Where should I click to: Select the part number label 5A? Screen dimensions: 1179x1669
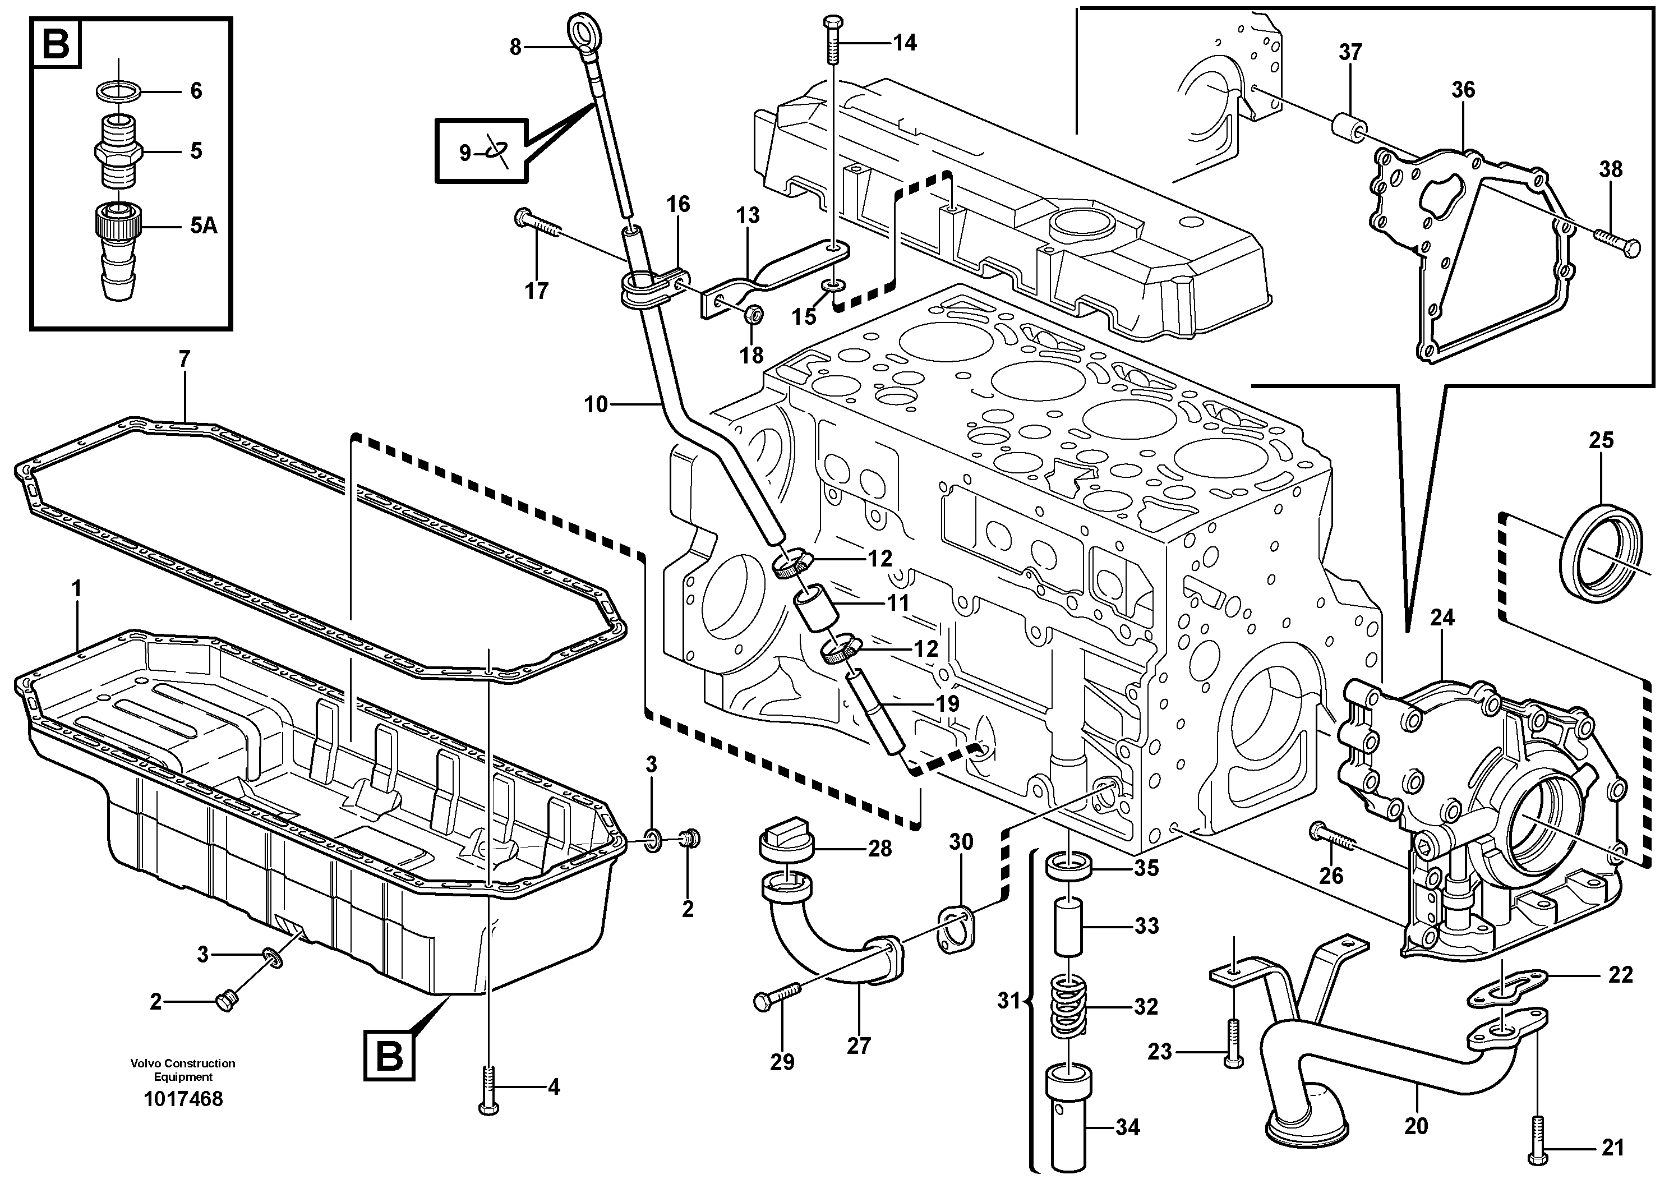click(x=204, y=226)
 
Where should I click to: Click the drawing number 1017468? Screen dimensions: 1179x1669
click(x=183, y=1098)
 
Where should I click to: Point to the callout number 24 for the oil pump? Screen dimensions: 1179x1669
click(x=1442, y=618)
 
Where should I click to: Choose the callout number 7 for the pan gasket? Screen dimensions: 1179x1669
click(x=184, y=359)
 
